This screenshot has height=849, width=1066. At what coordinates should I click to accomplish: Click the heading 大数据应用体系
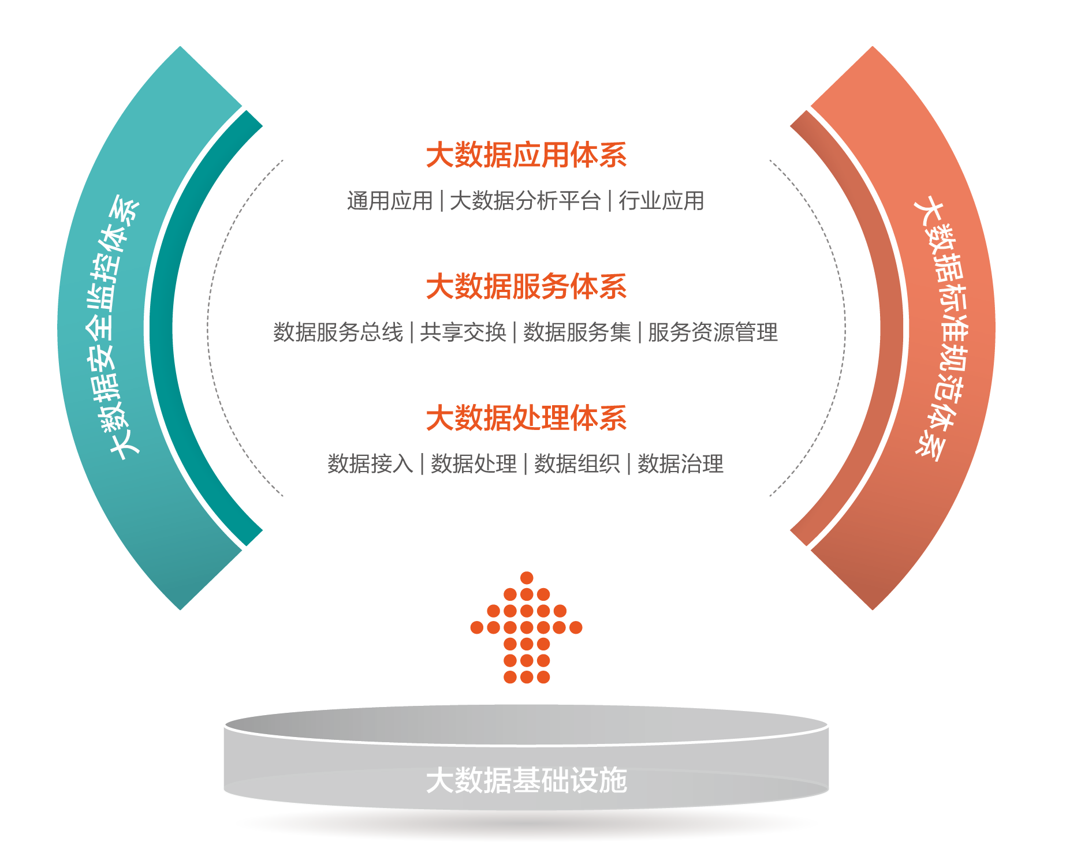click(526, 155)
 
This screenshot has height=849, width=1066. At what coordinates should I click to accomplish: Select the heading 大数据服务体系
click(526, 287)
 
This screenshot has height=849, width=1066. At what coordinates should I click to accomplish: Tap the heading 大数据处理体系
click(526, 418)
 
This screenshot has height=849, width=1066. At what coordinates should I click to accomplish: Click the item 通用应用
click(390, 201)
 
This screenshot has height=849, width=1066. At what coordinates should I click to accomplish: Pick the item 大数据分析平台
click(525, 201)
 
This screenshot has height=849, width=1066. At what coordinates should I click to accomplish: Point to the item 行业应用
click(661, 201)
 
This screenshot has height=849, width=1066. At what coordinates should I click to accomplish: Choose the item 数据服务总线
click(338, 332)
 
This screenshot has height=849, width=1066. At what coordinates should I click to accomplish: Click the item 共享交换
click(463, 332)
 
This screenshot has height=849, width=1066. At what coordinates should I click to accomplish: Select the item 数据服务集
click(577, 332)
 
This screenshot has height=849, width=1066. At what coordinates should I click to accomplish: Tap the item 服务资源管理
click(713, 332)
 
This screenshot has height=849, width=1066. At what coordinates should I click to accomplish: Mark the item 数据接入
click(370, 463)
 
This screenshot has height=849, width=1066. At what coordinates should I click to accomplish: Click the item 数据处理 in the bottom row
click(474, 463)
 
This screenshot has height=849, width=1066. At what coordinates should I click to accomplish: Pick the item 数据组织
click(577, 463)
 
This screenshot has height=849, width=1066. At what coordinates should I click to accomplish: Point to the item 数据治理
click(680, 463)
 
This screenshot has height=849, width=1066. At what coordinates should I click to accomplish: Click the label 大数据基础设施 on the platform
click(526, 780)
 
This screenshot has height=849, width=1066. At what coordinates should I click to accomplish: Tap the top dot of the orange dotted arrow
click(527, 578)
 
